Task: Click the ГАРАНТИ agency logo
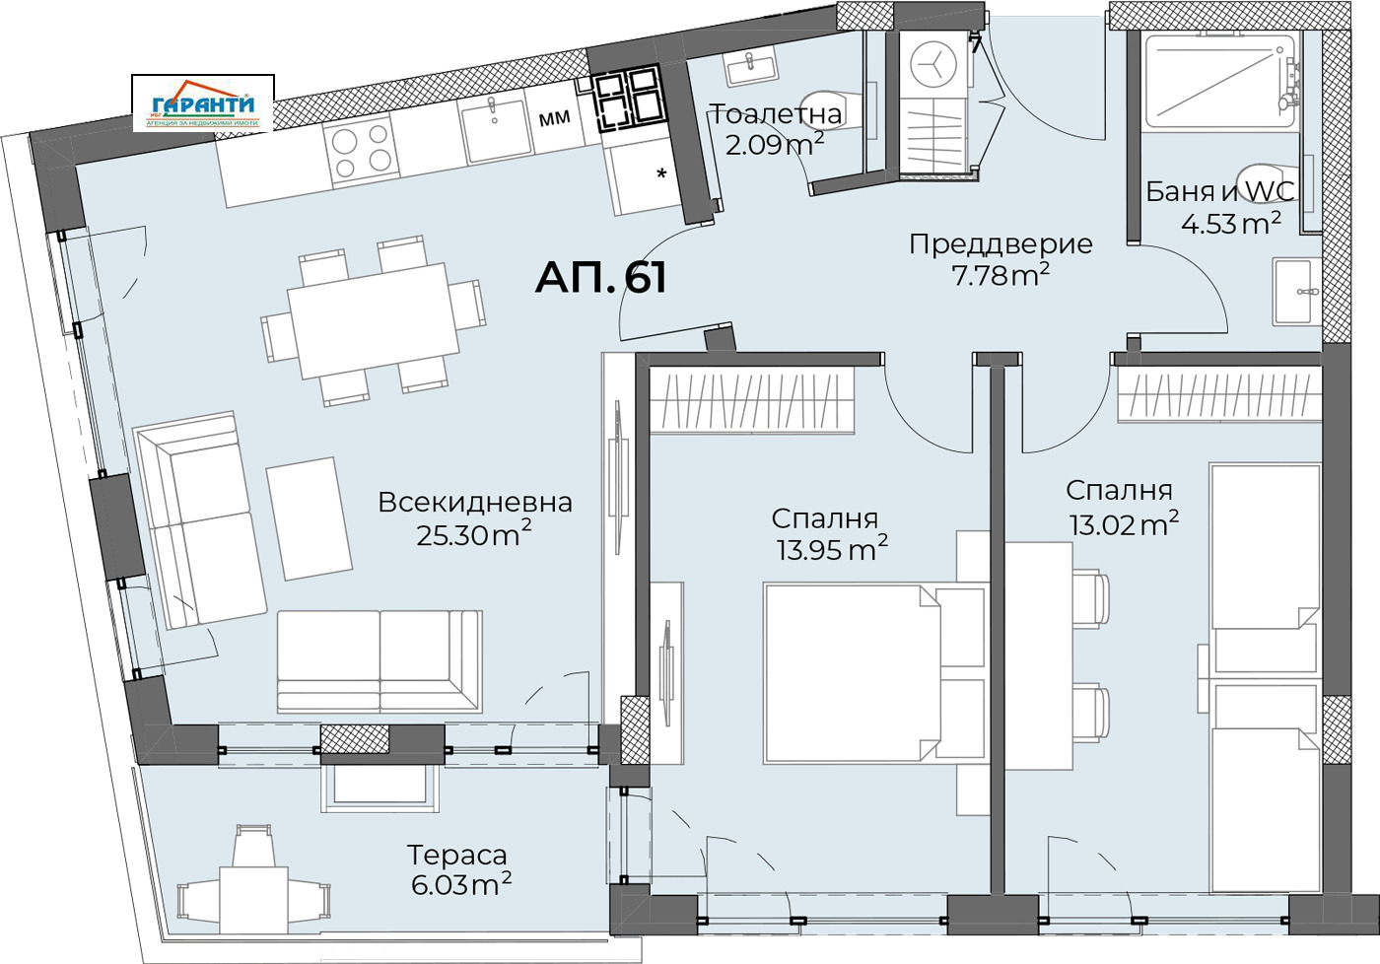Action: click(203, 104)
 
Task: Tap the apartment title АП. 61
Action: click(600, 278)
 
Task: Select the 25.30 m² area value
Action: click(473, 535)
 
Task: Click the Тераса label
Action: click(457, 855)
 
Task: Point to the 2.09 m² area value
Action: click(775, 146)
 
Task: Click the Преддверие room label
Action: click(1000, 243)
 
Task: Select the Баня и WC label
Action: click(1218, 191)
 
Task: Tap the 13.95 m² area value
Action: click(831, 549)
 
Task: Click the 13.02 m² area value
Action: click(1124, 523)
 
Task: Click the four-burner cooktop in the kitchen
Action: click(359, 153)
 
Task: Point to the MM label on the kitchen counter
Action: click(555, 118)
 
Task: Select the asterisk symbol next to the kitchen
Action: click(661, 175)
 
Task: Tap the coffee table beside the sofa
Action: click(310, 517)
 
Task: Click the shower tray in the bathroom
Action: click(1218, 82)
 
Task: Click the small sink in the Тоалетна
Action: click(751, 67)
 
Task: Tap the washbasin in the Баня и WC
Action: click(1298, 292)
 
